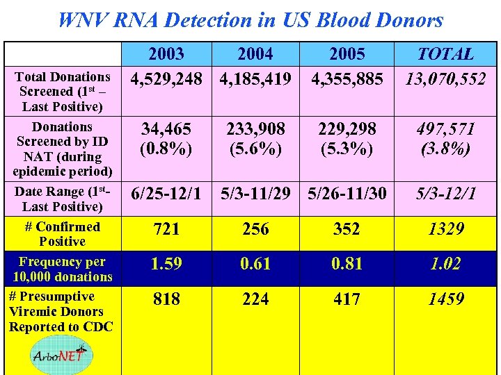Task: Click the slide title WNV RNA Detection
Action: tap(250, 19)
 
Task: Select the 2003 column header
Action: tap(166, 54)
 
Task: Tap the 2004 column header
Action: tap(255, 54)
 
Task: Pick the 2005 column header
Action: tap(347, 54)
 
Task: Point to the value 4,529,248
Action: tap(166, 79)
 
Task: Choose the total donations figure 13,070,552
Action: tap(445, 79)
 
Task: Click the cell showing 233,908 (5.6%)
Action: tap(255, 138)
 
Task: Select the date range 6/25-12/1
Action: tap(166, 194)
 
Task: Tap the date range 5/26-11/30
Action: tap(347, 194)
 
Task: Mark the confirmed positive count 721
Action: tap(166, 229)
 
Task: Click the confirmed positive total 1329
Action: tap(445, 229)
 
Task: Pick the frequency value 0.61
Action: tap(255, 265)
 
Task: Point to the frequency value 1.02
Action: tap(445, 265)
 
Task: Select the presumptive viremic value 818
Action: tap(166, 299)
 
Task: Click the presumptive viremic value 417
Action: tap(347, 299)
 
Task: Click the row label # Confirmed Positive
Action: tap(63, 234)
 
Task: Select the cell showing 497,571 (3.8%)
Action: tap(445, 138)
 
